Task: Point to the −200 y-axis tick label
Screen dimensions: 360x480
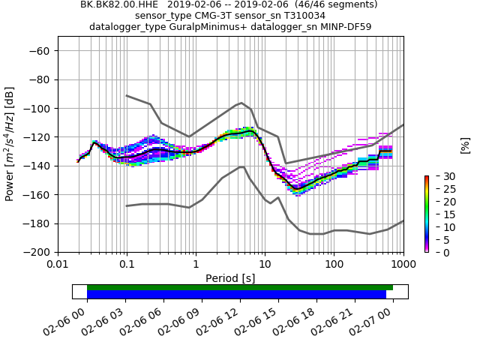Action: (x=38, y=253)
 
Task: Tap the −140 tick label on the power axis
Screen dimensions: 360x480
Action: (x=38, y=166)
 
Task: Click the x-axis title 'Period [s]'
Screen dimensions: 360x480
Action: (x=230, y=278)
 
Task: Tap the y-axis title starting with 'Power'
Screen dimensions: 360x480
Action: (x=10, y=151)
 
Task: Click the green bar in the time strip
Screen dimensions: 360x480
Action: (x=240, y=287)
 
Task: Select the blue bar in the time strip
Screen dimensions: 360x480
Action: (x=236, y=295)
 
